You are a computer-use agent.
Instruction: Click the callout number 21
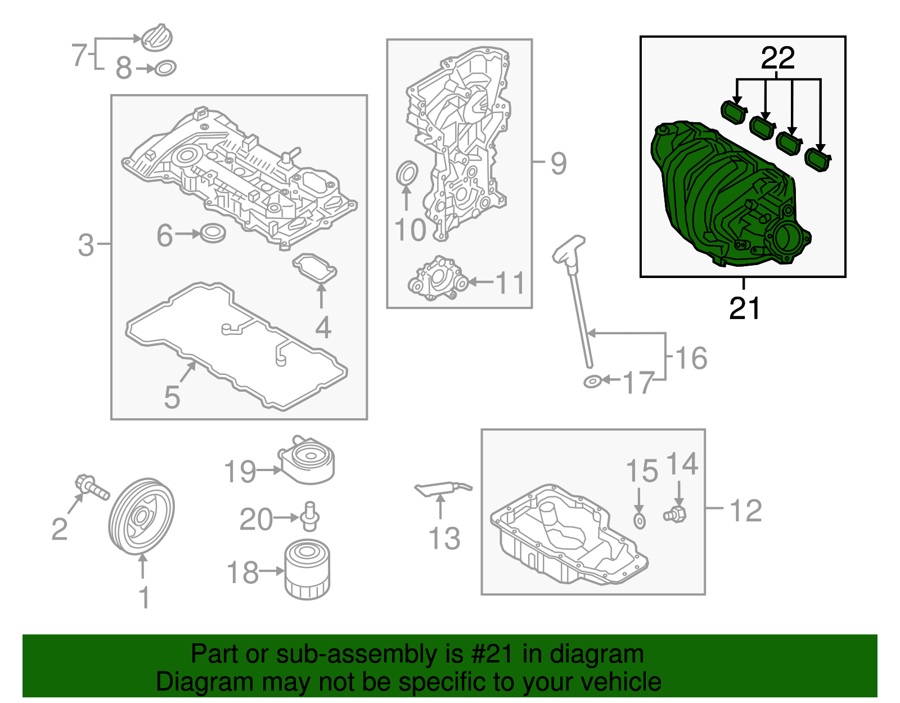[x=744, y=308]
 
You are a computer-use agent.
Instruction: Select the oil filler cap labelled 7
[x=156, y=38]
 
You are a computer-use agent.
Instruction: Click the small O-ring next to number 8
[x=165, y=68]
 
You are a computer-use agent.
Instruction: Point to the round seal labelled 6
[x=213, y=233]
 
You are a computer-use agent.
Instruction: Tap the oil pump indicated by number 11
[x=438, y=278]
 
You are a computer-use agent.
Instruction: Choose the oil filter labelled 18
[x=307, y=569]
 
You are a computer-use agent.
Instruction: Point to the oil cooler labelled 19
[x=307, y=460]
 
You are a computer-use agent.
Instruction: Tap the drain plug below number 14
[x=674, y=514]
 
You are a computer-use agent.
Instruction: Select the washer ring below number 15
[x=640, y=522]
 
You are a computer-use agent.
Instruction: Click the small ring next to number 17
[x=592, y=382]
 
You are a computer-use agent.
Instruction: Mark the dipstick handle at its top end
[x=569, y=248]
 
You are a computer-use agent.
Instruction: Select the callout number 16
[x=691, y=358]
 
